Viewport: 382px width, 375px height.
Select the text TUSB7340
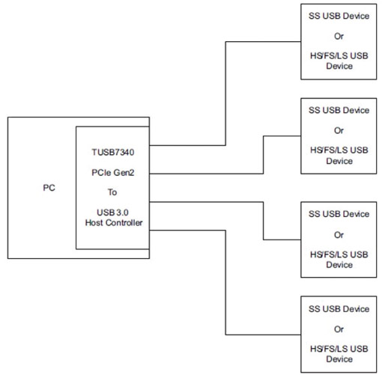(112, 150)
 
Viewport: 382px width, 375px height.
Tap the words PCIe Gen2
(112, 171)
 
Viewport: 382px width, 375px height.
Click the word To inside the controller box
(112, 191)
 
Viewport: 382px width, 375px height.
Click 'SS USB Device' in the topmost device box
(339, 15)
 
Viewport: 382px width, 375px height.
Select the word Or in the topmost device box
(339, 35)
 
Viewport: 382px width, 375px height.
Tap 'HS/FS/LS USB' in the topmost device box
(339, 55)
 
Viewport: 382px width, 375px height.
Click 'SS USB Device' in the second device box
(339, 110)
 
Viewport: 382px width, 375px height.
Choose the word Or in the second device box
(339, 130)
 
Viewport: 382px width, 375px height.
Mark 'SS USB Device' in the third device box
(339, 214)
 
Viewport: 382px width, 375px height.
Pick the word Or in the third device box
(339, 234)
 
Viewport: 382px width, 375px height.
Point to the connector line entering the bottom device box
(262, 334)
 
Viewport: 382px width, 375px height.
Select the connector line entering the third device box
(282, 240)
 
